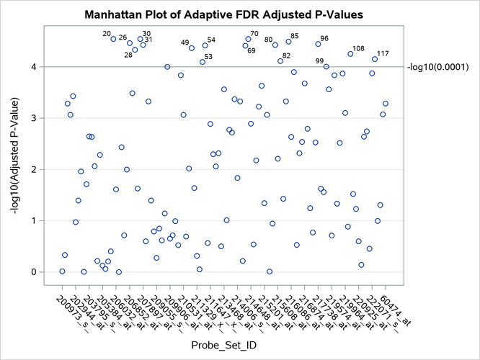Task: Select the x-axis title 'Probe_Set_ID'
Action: [x=223, y=347]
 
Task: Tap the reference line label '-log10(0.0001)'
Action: [x=440, y=67]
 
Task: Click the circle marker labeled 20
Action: [x=113, y=39]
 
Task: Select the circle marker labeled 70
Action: [x=248, y=39]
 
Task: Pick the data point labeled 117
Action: [x=375, y=59]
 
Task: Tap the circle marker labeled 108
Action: [x=350, y=54]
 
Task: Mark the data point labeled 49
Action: [x=192, y=48]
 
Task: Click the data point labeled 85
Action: [x=288, y=42]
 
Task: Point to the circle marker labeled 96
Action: [x=318, y=44]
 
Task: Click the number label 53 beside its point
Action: [x=208, y=56]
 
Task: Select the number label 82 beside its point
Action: [x=287, y=55]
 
